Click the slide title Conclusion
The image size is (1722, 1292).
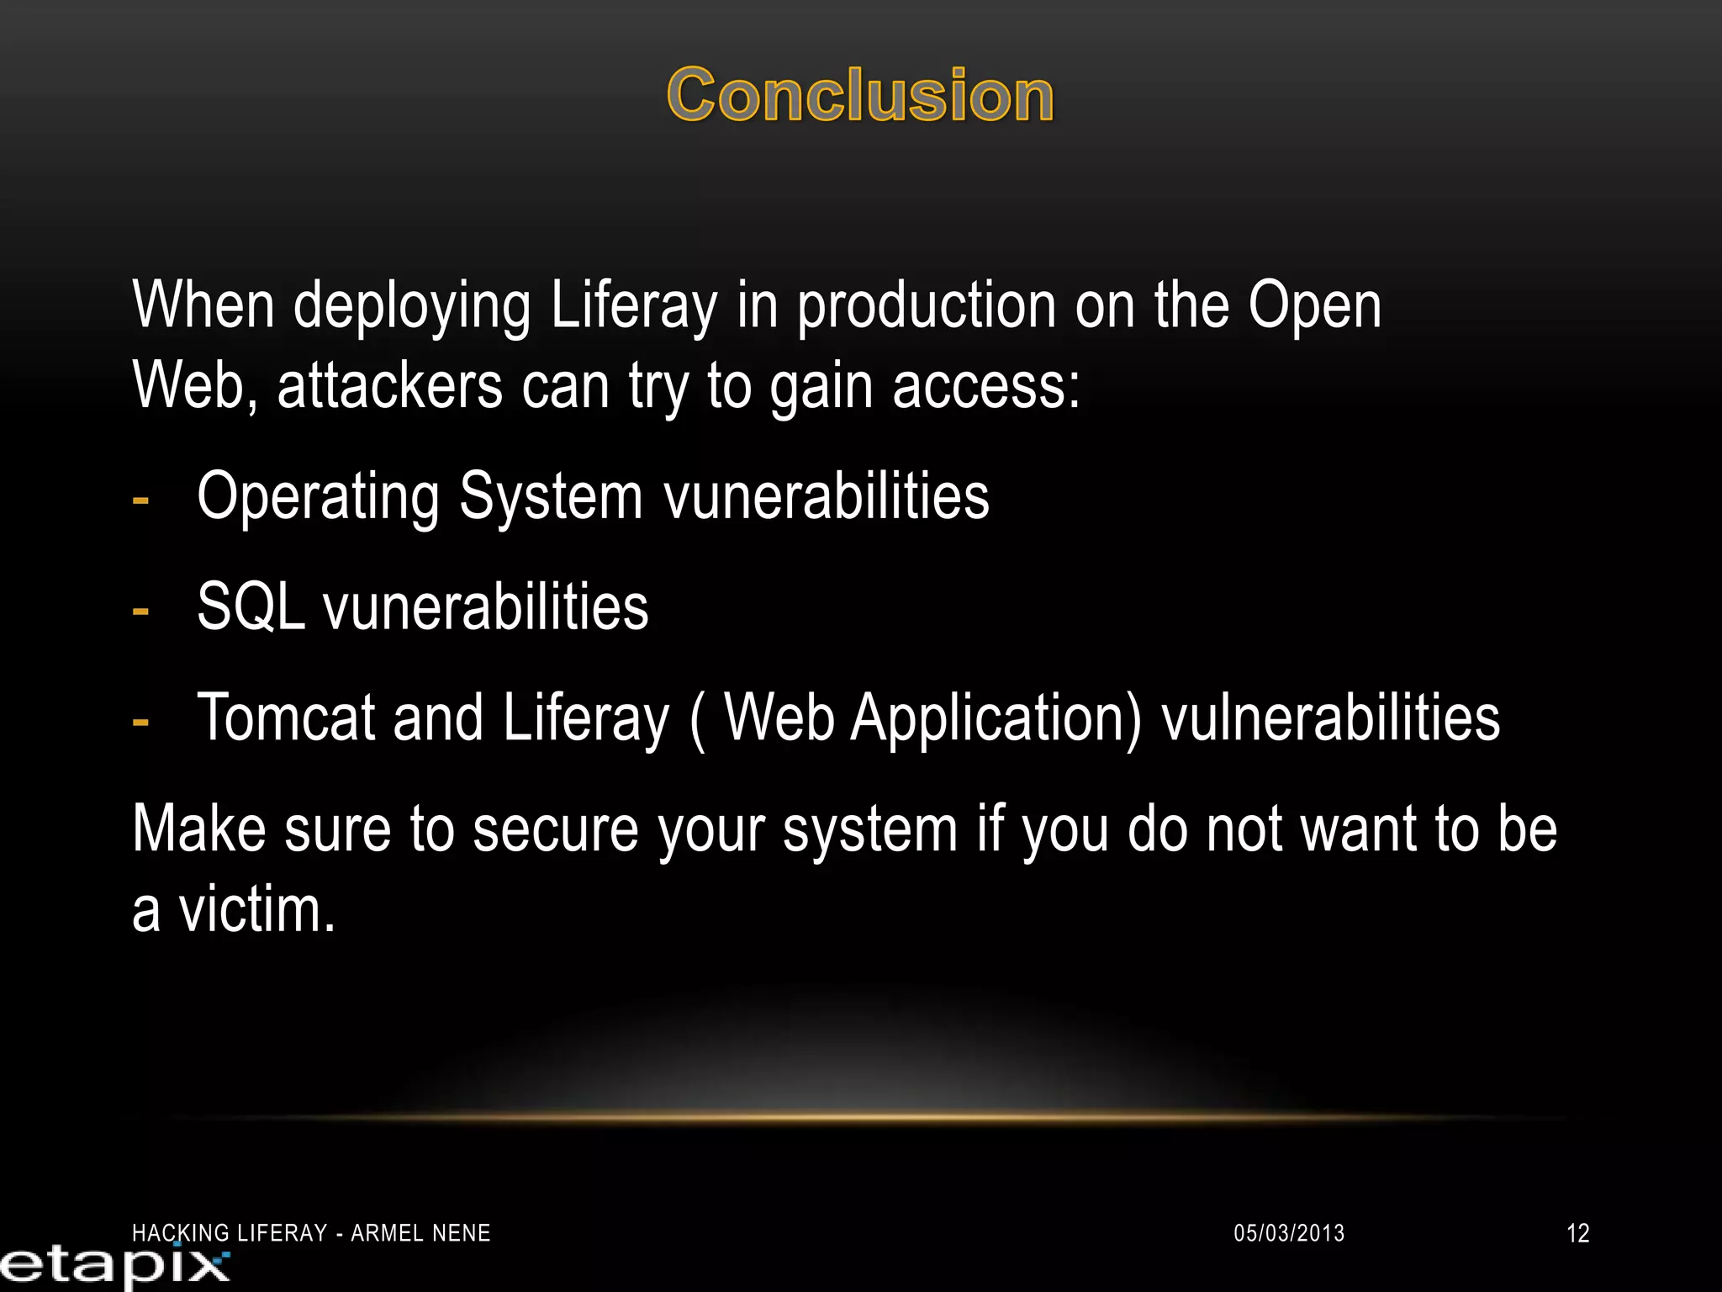[859, 96]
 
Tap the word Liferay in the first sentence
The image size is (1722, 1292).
[634, 307]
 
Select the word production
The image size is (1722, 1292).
[926, 307]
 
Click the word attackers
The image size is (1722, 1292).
[389, 387]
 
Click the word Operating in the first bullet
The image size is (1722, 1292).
[317, 498]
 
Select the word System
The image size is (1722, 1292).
[551, 498]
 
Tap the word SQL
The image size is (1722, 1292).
[250, 607]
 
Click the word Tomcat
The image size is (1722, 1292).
[286, 718]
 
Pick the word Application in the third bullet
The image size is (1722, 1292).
[996, 720]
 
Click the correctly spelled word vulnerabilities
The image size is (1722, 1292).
[1330, 718]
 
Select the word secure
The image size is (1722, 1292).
[555, 830]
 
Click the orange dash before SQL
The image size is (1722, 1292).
[141, 611]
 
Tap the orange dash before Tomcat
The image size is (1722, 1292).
[141, 722]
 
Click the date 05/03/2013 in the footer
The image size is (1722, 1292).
[1288, 1233]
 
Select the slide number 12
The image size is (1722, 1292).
[1577, 1233]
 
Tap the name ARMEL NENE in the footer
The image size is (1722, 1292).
[420, 1233]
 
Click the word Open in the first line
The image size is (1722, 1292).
[1313, 307]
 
